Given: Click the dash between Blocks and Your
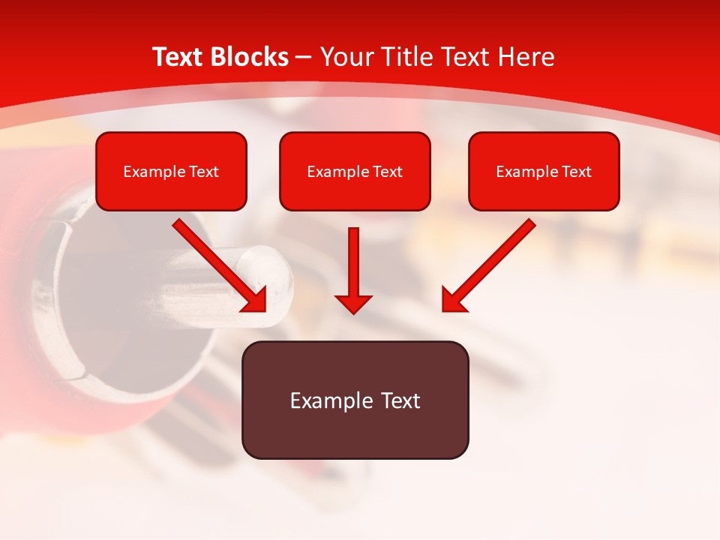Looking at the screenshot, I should click(x=304, y=58).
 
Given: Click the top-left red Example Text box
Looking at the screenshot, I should click(x=171, y=171).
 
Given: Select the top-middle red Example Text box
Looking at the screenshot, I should click(x=355, y=171).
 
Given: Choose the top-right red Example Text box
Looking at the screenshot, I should click(x=544, y=171).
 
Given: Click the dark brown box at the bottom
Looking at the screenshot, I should click(x=355, y=400).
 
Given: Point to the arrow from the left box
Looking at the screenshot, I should click(x=217, y=262).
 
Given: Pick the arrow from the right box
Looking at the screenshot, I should click(x=491, y=262).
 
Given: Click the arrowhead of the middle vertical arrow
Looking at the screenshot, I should click(x=353, y=303).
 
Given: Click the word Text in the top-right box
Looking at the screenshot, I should click(x=577, y=172).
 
